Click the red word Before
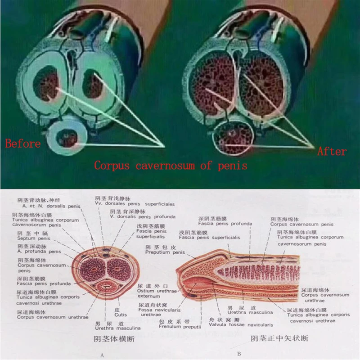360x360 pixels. click(23, 144)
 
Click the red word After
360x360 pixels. click(332, 152)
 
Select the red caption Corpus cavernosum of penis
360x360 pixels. click(171, 166)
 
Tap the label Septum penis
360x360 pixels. click(34, 238)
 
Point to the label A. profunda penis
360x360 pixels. click(39, 252)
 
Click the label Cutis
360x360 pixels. click(120, 315)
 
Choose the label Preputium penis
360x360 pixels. click(165, 252)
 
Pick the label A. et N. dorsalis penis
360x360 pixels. click(44, 206)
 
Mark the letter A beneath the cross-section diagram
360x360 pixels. click(103, 355)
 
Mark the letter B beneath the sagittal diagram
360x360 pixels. click(239, 354)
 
